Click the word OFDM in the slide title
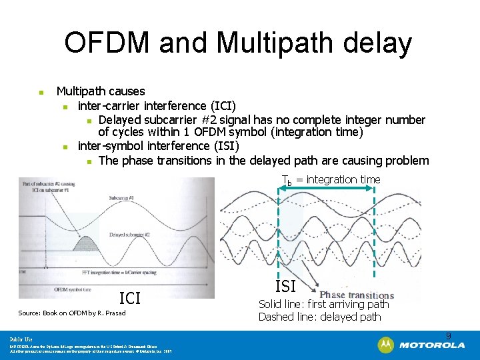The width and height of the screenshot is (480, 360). (110, 43)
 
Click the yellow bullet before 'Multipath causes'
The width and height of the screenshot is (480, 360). (41, 92)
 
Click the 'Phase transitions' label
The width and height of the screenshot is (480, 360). (357, 295)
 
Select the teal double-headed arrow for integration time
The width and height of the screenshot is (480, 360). (326, 191)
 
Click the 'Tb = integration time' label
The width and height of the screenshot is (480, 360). (331, 179)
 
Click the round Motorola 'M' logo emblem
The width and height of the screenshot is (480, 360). (385, 345)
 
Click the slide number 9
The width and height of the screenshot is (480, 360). (449, 335)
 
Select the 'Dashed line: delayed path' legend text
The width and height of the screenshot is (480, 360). (319, 317)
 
